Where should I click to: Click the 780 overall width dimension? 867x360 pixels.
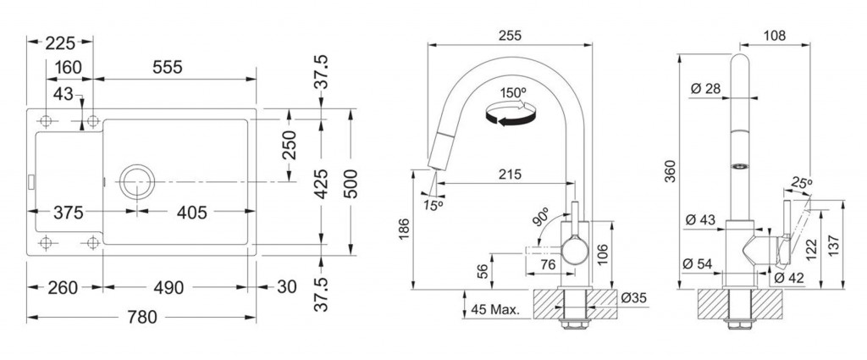click(x=142, y=318)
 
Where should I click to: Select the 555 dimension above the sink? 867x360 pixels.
click(x=167, y=68)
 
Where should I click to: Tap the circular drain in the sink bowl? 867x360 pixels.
click(x=136, y=180)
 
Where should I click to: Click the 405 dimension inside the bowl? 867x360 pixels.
click(x=192, y=212)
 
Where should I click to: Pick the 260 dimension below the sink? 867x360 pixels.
click(x=63, y=287)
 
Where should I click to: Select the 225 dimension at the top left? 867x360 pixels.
click(x=60, y=42)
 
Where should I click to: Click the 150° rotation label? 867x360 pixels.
click(x=511, y=92)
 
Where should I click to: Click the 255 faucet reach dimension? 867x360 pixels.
click(x=509, y=35)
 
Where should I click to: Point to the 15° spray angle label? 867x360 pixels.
click(x=434, y=206)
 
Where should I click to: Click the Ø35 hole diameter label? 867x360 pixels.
click(x=632, y=297)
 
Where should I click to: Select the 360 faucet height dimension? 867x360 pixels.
click(x=671, y=171)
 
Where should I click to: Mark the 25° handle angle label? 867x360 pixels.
click(x=801, y=182)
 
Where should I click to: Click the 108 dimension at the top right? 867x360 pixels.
click(x=775, y=36)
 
